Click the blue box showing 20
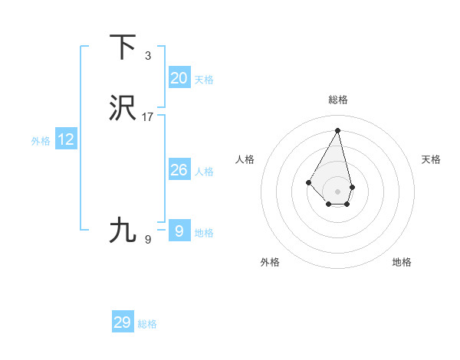[x=179, y=78]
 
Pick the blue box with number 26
[x=179, y=170]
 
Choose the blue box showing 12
[x=66, y=139]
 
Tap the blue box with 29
[x=123, y=322]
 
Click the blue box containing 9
[x=179, y=231]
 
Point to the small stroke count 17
[x=148, y=117]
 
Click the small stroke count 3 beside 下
[x=148, y=56]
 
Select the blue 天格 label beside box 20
[x=204, y=80]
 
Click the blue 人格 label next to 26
[x=204, y=172]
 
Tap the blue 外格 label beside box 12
[x=41, y=141]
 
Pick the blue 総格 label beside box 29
[x=147, y=324]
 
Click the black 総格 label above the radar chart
[x=338, y=100]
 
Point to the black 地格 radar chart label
[x=402, y=262]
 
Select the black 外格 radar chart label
[x=270, y=262]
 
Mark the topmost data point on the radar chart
[x=337, y=130]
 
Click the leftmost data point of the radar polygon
[x=308, y=182]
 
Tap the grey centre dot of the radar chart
[x=337, y=191]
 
